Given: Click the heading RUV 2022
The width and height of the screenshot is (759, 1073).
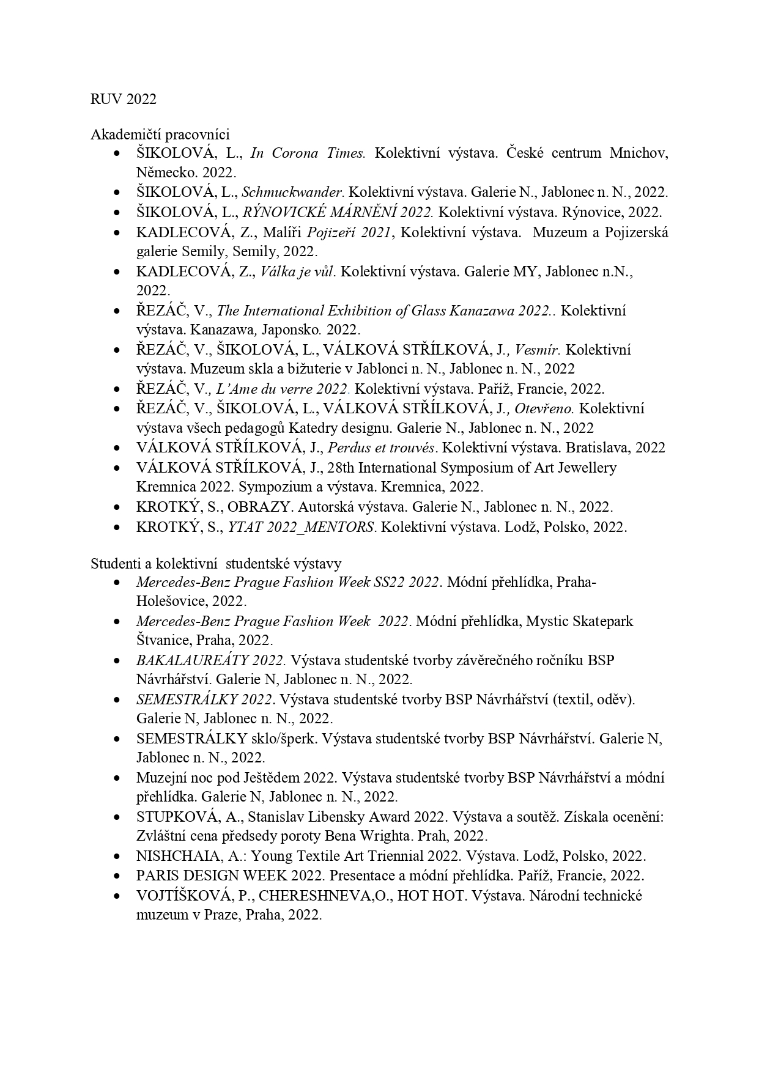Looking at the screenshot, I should [x=124, y=99].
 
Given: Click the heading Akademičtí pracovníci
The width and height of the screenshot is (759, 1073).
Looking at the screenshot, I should [x=160, y=134].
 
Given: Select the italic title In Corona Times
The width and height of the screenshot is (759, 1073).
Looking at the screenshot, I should [x=308, y=153].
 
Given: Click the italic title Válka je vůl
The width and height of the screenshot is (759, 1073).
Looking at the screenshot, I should [x=298, y=271].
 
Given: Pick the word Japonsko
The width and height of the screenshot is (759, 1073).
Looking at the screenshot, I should [x=291, y=330].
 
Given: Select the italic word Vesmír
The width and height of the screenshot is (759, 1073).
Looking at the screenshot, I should [x=538, y=350].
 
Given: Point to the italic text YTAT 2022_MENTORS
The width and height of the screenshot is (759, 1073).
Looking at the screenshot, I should [x=301, y=527].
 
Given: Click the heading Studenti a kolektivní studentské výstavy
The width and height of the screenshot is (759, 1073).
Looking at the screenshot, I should [x=216, y=563].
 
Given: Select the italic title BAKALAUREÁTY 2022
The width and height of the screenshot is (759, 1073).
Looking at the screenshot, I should [x=211, y=660].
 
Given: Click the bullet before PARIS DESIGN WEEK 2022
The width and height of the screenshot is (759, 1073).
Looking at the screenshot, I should [x=116, y=876].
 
